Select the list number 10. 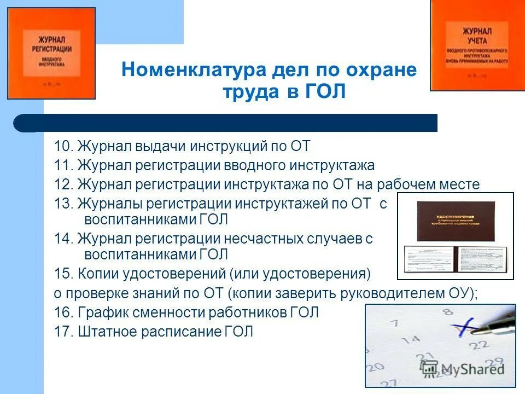coord(63,146)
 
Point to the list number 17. coord(63,332)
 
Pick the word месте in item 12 coord(459,184)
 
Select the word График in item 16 coord(100,313)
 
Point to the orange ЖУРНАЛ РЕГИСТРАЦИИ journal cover coord(51,53)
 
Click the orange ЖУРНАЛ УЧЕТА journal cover coord(477,45)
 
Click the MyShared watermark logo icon coord(430,368)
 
